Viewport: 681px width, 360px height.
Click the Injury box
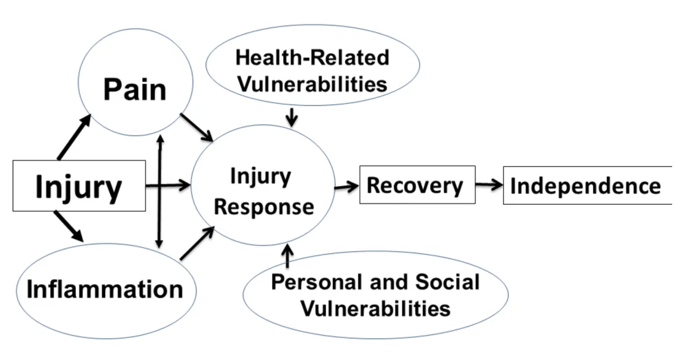point(79,186)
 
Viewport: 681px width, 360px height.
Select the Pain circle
point(135,90)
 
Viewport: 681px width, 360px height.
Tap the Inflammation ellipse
point(105,289)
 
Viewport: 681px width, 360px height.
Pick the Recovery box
point(417,185)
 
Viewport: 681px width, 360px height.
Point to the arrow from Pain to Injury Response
point(197,127)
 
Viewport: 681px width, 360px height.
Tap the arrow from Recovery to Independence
point(489,185)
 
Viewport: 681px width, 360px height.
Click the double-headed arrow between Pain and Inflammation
point(159,191)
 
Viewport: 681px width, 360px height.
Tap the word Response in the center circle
point(264,207)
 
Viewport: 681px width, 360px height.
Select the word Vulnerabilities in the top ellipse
point(311,83)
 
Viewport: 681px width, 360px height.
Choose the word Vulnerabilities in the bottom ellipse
point(375,308)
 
